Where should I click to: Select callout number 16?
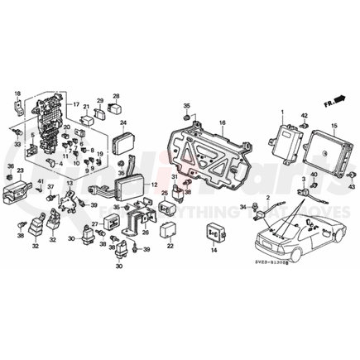(222, 122)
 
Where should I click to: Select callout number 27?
(94, 225)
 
